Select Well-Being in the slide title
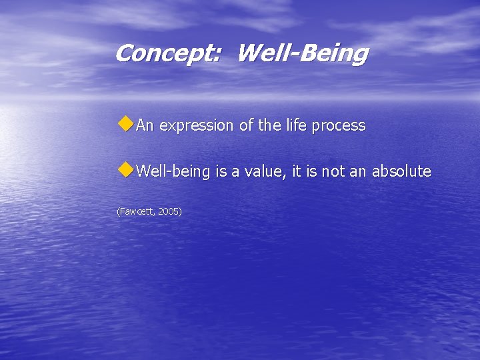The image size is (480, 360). click(x=301, y=53)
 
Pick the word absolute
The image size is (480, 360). click(x=401, y=172)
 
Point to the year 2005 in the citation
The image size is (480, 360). click(x=169, y=211)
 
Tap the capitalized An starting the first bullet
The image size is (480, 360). click(x=146, y=125)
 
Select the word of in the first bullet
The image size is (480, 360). click(x=245, y=125)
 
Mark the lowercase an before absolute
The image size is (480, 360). click(x=358, y=172)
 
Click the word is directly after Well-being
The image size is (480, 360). click(x=221, y=172)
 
